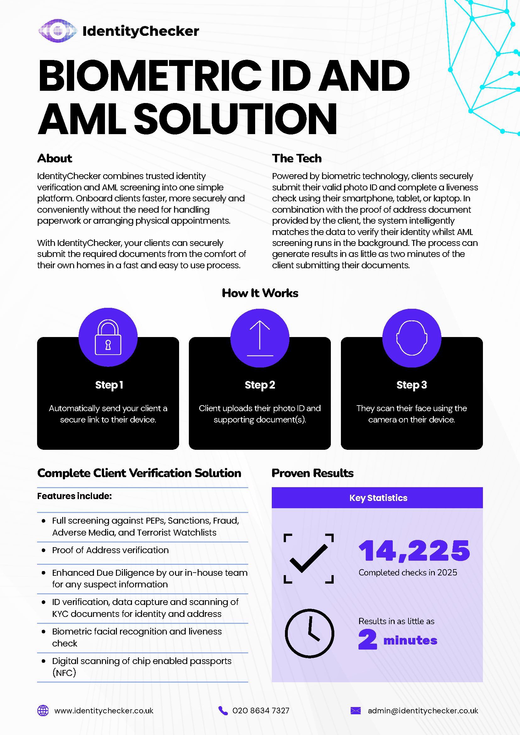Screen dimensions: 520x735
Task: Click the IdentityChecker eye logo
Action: click(x=57, y=31)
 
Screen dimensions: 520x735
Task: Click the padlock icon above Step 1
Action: click(x=108, y=337)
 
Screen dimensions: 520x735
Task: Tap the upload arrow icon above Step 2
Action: click(x=260, y=338)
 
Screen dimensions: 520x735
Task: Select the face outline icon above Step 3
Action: click(x=412, y=338)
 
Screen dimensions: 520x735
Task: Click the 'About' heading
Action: click(x=55, y=158)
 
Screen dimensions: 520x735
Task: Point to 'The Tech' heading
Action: click(x=297, y=158)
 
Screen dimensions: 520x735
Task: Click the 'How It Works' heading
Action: click(x=260, y=293)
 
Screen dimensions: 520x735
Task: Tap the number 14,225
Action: click(x=414, y=551)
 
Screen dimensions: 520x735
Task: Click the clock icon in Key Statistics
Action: click(x=309, y=633)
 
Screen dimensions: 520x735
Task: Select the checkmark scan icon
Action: click(x=309, y=558)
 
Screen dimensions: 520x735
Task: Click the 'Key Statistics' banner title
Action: click(x=378, y=498)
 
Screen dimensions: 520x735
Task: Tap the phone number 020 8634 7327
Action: click(x=261, y=711)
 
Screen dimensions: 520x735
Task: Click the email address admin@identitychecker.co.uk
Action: click(x=423, y=711)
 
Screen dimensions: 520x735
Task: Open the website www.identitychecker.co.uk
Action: click(x=104, y=711)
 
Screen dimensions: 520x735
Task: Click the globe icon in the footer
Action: click(x=43, y=711)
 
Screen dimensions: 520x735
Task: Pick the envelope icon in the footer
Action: click(x=355, y=711)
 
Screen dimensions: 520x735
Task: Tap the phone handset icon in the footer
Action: click(x=223, y=711)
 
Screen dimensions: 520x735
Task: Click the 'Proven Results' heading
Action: click(x=313, y=473)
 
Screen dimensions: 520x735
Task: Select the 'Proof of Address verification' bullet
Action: click(x=110, y=550)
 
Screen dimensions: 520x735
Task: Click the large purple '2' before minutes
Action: click(x=368, y=639)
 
